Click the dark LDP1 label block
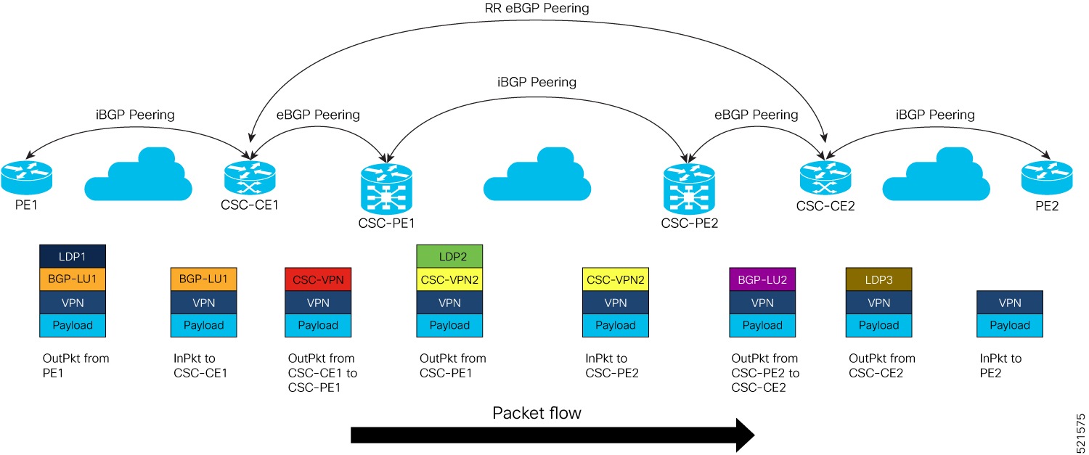(x=73, y=257)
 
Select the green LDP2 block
(x=449, y=257)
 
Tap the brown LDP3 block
(x=879, y=279)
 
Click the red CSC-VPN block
(x=318, y=279)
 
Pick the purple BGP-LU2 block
(x=762, y=279)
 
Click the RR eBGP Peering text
(x=537, y=9)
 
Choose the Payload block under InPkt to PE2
(x=1010, y=325)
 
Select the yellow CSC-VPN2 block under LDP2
(x=449, y=279)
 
